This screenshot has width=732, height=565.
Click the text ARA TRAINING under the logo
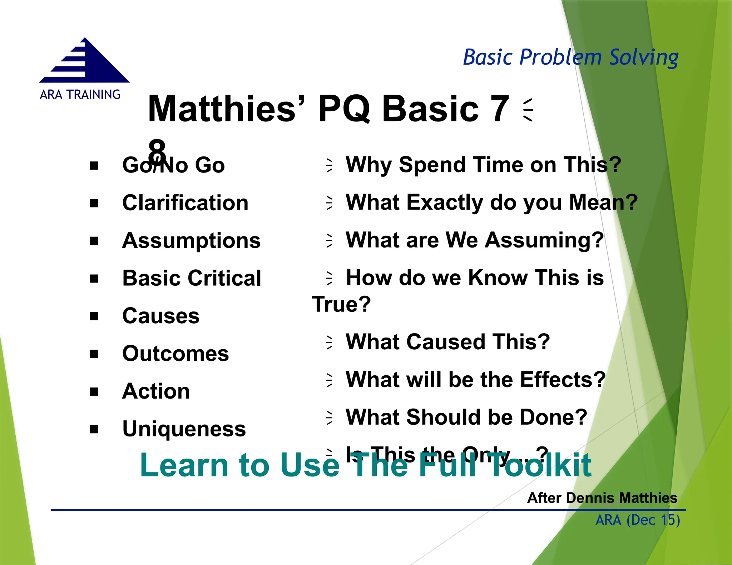(80, 95)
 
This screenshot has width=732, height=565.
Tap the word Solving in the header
(643, 57)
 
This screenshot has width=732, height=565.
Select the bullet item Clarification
(185, 203)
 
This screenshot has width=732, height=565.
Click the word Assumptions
(191, 241)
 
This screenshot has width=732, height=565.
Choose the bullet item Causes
(161, 316)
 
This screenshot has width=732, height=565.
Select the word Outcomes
(175, 354)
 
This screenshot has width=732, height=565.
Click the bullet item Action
(156, 391)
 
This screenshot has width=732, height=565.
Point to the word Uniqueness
(184, 429)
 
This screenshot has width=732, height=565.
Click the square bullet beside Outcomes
(94, 354)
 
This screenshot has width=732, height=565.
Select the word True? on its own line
(341, 304)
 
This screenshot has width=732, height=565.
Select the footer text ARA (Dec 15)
(638, 520)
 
